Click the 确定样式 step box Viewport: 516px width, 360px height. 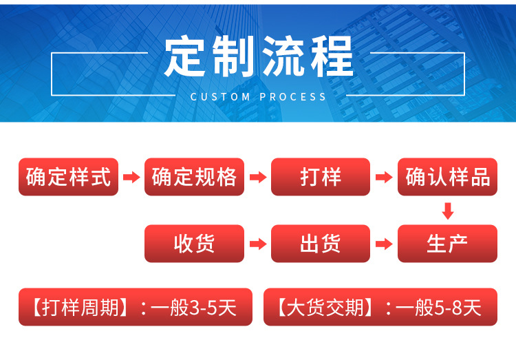point(69,177)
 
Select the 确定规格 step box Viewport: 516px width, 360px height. point(195,177)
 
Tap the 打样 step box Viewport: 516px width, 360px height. point(321,177)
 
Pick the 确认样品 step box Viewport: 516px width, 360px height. point(447,177)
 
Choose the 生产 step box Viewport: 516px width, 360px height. point(447,244)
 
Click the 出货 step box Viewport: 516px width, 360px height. point(321,244)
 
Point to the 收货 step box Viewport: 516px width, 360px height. point(195,244)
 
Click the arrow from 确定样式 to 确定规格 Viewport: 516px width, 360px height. point(131,178)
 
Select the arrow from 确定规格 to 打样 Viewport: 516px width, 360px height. point(257,178)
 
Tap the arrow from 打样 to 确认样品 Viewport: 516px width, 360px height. point(383,178)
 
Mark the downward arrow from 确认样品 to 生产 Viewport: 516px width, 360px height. point(448,211)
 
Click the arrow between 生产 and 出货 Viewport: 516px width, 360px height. point(383,244)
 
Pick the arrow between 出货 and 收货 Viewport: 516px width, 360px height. point(257,244)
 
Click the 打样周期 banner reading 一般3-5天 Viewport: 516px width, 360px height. point(132,307)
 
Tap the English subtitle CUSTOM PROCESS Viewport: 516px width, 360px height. point(259,97)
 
